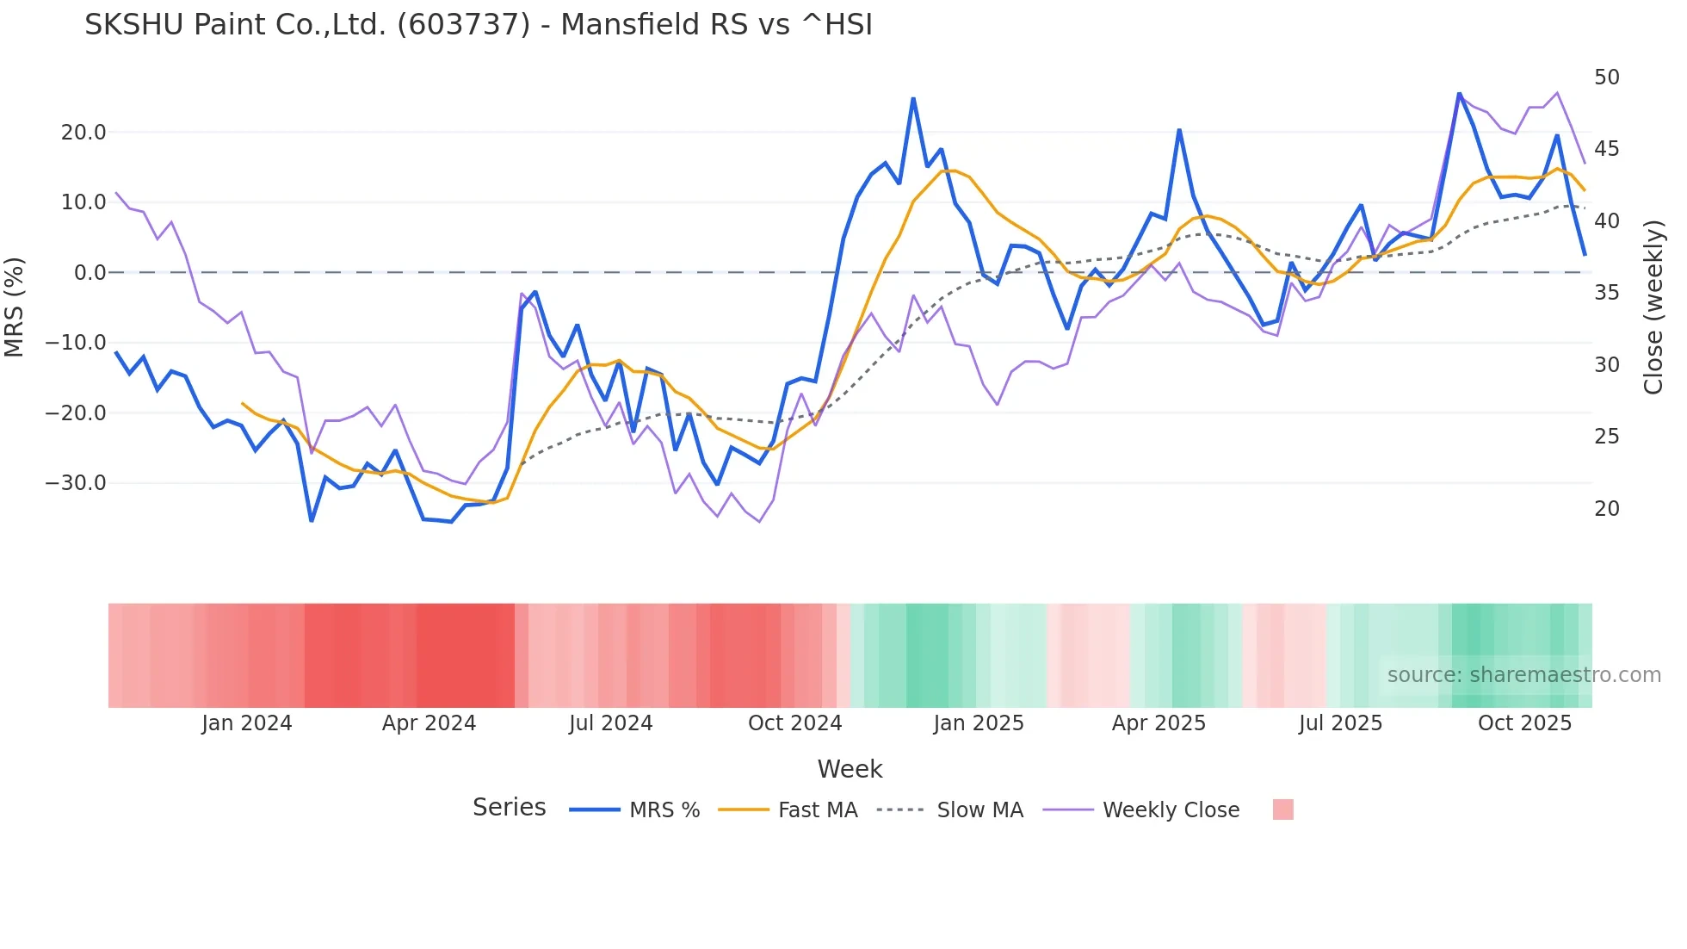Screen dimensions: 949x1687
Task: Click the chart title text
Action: click(479, 25)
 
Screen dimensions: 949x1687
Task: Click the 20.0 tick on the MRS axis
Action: click(83, 132)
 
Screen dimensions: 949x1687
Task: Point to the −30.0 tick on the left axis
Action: click(76, 482)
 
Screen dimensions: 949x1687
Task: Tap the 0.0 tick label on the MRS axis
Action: click(90, 272)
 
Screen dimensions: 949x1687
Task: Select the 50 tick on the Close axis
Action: click(1606, 78)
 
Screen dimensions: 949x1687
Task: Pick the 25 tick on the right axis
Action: click(1606, 437)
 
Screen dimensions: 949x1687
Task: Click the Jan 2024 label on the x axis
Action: click(247, 723)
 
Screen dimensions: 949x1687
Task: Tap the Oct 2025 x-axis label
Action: click(1524, 723)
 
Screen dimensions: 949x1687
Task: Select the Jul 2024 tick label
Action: click(610, 723)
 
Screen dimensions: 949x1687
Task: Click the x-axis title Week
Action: click(850, 769)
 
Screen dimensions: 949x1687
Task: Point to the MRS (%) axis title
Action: click(15, 307)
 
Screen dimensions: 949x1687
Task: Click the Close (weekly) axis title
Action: click(1653, 307)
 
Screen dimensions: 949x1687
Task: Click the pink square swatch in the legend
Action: click(1282, 809)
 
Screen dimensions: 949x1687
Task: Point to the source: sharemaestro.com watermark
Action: click(1523, 675)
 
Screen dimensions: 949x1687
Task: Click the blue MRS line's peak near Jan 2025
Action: click(913, 99)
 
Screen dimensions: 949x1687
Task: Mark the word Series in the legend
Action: click(509, 808)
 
